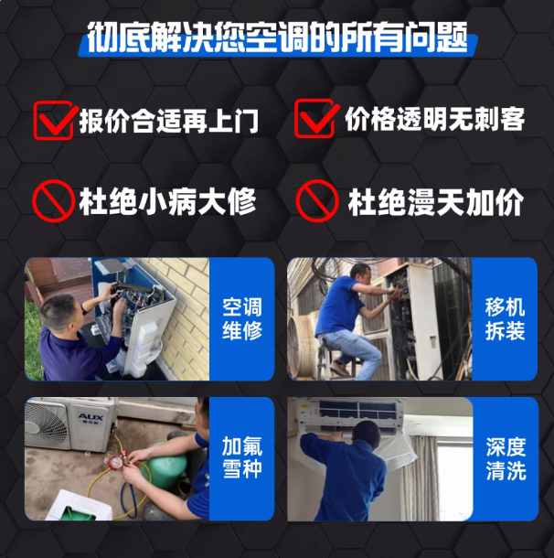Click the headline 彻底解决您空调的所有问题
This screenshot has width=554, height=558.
(x=277, y=38)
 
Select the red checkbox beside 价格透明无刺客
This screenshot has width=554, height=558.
(x=314, y=119)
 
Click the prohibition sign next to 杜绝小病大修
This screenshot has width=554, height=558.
(x=53, y=201)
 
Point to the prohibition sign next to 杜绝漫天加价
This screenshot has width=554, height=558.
(x=316, y=201)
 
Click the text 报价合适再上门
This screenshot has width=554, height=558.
(x=169, y=121)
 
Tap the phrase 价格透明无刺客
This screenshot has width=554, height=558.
(x=434, y=119)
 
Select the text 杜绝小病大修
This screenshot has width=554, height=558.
(x=167, y=202)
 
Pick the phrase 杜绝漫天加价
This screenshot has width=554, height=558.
(x=435, y=202)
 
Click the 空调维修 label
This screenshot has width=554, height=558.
(x=242, y=319)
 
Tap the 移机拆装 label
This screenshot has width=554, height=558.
(x=505, y=319)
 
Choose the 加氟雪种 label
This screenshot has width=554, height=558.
(x=242, y=457)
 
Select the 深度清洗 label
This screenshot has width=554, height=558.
(x=506, y=458)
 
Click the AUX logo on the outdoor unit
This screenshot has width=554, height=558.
(x=91, y=417)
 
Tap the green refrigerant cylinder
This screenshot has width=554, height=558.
(x=165, y=465)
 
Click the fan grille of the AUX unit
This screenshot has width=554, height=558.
(x=47, y=424)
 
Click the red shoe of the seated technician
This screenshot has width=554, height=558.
(x=338, y=368)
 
